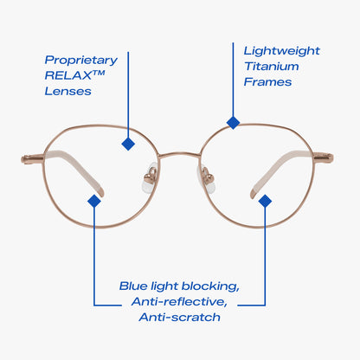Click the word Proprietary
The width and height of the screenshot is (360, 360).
(x=81, y=61)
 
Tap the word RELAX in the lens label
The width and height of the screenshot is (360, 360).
(x=68, y=75)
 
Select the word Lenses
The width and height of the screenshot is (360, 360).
(x=68, y=92)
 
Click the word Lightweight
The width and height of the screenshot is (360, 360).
(x=282, y=51)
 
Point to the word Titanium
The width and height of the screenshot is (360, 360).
(x=272, y=67)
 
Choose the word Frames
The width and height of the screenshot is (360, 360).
(x=267, y=82)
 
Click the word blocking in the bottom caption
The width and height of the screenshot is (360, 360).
(x=210, y=286)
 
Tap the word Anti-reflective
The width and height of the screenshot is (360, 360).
(x=179, y=302)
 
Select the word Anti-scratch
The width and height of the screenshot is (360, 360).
(x=179, y=318)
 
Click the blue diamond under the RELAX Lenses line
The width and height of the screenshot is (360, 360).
(x=128, y=144)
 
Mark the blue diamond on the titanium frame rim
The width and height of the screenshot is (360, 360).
(x=233, y=123)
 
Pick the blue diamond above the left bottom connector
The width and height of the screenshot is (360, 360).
(x=94, y=201)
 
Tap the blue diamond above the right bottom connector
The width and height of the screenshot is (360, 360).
(x=265, y=201)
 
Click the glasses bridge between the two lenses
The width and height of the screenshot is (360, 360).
(x=179, y=154)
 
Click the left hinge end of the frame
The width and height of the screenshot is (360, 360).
(x=32, y=159)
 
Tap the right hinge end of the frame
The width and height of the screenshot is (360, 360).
(x=324, y=158)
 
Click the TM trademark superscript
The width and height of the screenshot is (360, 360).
(x=99, y=73)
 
